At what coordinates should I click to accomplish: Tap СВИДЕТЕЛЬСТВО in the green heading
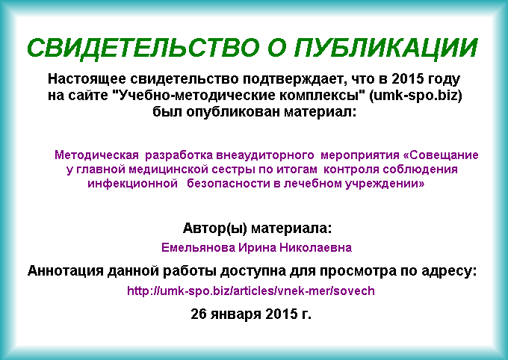point(143,49)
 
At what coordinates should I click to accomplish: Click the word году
point(444,79)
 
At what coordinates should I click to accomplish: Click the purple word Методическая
point(96,155)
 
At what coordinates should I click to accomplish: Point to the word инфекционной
point(132,184)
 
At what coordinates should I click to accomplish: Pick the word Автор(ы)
point(215,229)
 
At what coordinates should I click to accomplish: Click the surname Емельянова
point(198,248)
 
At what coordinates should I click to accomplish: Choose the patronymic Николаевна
point(315,248)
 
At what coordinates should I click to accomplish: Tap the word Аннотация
point(65,270)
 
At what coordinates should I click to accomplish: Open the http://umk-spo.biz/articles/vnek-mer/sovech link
point(251,291)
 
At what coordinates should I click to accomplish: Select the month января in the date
point(236,314)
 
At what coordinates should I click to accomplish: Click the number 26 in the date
point(199,314)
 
